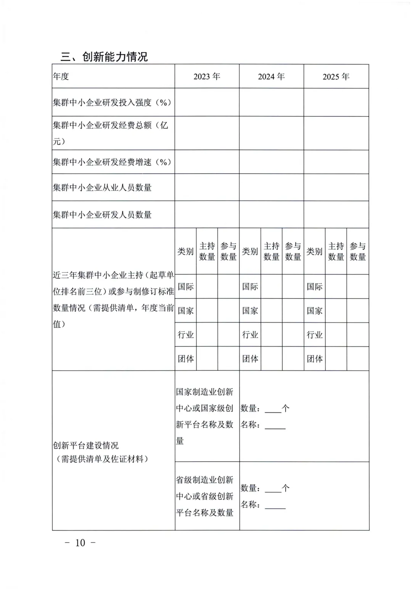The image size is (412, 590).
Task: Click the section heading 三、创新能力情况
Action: click(104, 57)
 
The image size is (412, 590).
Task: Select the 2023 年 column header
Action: click(207, 77)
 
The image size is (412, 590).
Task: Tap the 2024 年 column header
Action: click(271, 77)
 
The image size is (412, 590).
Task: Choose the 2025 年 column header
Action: click(336, 77)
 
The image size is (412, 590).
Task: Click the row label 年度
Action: click(61, 76)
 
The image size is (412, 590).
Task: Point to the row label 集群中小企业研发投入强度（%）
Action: click(112, 102)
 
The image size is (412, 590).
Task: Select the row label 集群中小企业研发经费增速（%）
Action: click(112, 162)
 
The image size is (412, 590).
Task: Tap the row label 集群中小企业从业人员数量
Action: click(102, 187)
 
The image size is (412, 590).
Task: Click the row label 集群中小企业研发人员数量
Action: click(102, 214)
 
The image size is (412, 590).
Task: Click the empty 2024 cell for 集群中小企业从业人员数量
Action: click(271, 187)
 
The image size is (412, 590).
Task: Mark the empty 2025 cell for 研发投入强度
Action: click(336, 102)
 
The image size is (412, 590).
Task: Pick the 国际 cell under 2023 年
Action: click(186, 287)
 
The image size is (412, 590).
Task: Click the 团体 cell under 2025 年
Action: click(315, 359)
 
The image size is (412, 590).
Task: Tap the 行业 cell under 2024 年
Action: click(250, 335)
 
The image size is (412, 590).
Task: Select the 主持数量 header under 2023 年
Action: click(207, 251)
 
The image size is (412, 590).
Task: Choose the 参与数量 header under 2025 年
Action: click(358, 251)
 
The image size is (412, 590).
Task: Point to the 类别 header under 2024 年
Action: click(250, 251)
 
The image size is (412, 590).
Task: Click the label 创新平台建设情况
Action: click(86, 445)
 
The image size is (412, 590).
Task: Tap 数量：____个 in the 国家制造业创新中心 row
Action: click(265, 409)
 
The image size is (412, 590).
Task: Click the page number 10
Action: click(80, 543)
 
